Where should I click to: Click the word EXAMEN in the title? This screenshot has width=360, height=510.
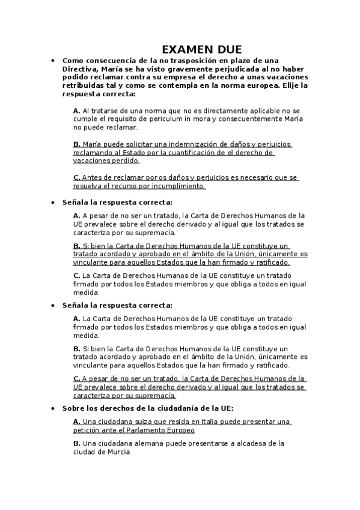coord(185,49)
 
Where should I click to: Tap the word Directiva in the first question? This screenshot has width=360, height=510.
coord(81,69)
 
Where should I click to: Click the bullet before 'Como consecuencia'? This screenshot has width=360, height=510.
coord(53,61)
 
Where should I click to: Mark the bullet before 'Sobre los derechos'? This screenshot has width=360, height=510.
coord(53,408)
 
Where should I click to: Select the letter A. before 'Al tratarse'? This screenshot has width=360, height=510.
coord(76,111)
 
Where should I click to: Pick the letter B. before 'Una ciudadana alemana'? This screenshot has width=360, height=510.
coord(76,443)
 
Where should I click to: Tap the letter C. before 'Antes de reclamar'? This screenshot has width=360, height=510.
coord(76,178)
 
